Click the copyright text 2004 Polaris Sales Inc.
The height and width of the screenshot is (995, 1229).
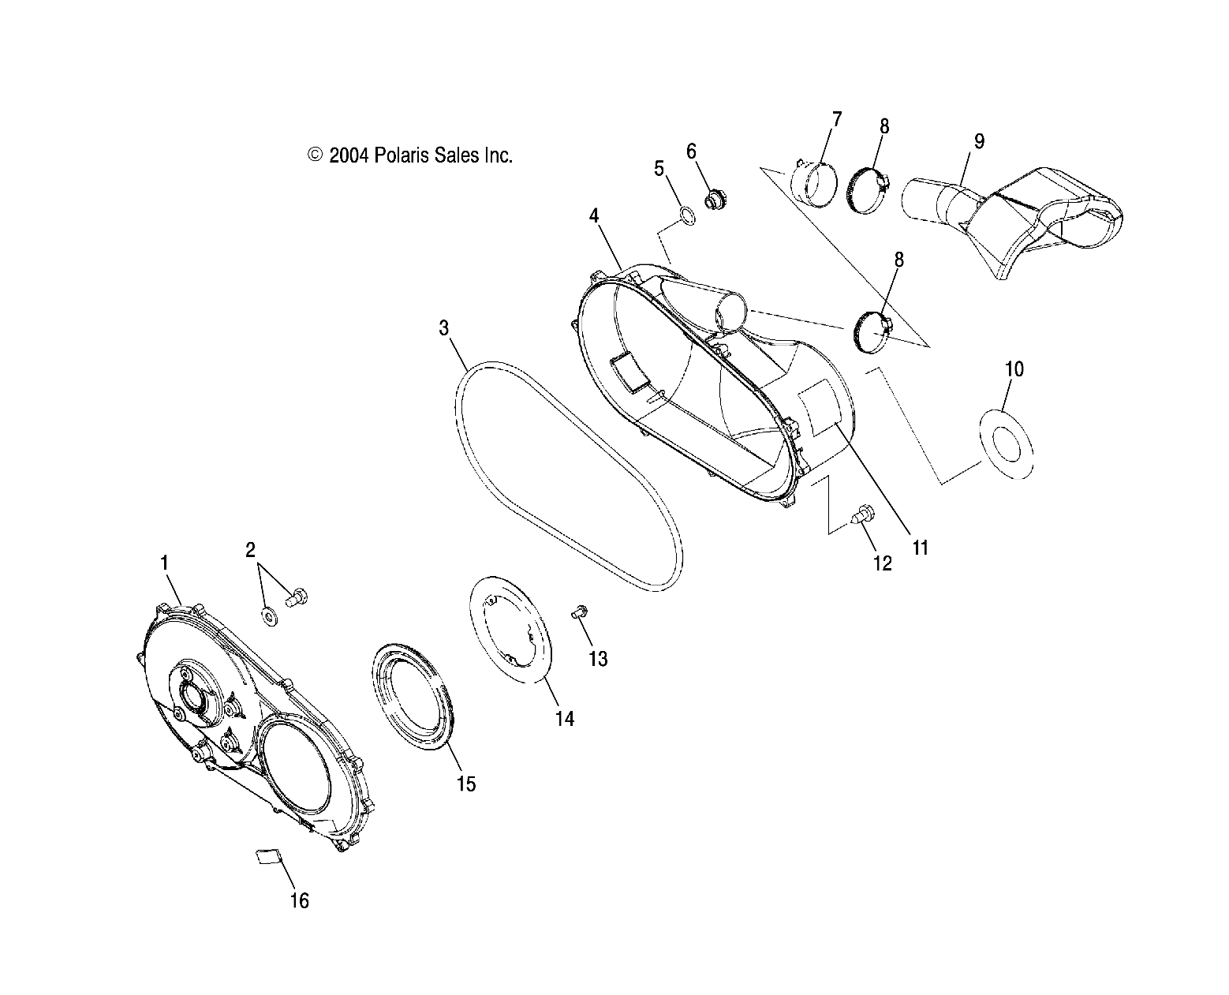(x=410, y=155)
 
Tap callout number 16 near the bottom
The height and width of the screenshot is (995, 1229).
(x=299, y=900)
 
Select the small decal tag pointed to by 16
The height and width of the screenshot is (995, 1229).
(x=267, y=857)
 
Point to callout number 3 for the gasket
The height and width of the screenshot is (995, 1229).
(x=444, y=328)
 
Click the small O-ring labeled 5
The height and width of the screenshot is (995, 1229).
(x=687, y=215)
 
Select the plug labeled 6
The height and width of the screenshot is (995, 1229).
(x=714, y=202)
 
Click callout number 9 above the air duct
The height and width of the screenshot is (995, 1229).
(x=978, y=142)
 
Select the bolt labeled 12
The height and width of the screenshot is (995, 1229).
(x=862, y=514)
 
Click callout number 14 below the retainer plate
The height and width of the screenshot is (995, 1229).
(x=564, y=718)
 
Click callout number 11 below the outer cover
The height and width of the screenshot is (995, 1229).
(x=920, y=548)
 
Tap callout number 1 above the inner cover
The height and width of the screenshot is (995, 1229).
(x=164, y=563)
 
